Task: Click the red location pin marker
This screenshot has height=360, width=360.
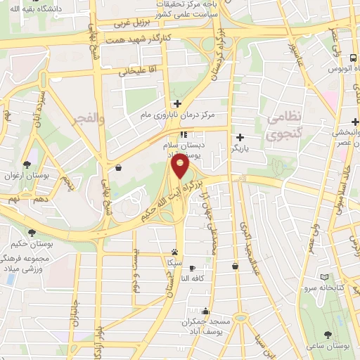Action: pyautogui.click(x=181, y=167)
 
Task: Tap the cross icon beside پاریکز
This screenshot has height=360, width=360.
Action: pyautogui.click(x=241, y=137)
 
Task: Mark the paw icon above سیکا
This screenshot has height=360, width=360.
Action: pyautogui.click(x=174, y=252)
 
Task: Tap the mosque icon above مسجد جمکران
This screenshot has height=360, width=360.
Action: pyautogui.click(x=205, y=311)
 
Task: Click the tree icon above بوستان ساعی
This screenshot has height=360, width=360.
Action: pyautogui.click(x=328, y=335)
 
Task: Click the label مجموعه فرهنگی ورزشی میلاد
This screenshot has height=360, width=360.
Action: pyautogui.click(x=29, y=264)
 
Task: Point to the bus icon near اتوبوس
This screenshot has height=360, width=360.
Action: pyautogui.click(x=352, y=58)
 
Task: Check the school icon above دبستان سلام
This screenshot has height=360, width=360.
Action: pyautogui.click(x=183, y=134)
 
